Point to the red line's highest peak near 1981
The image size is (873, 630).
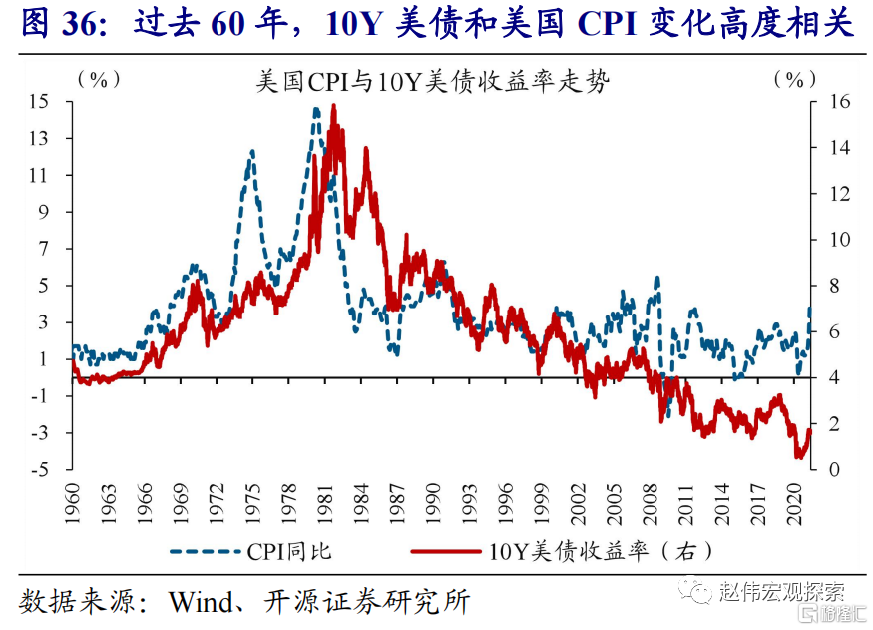332,106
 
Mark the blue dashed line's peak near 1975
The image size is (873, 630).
251,152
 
